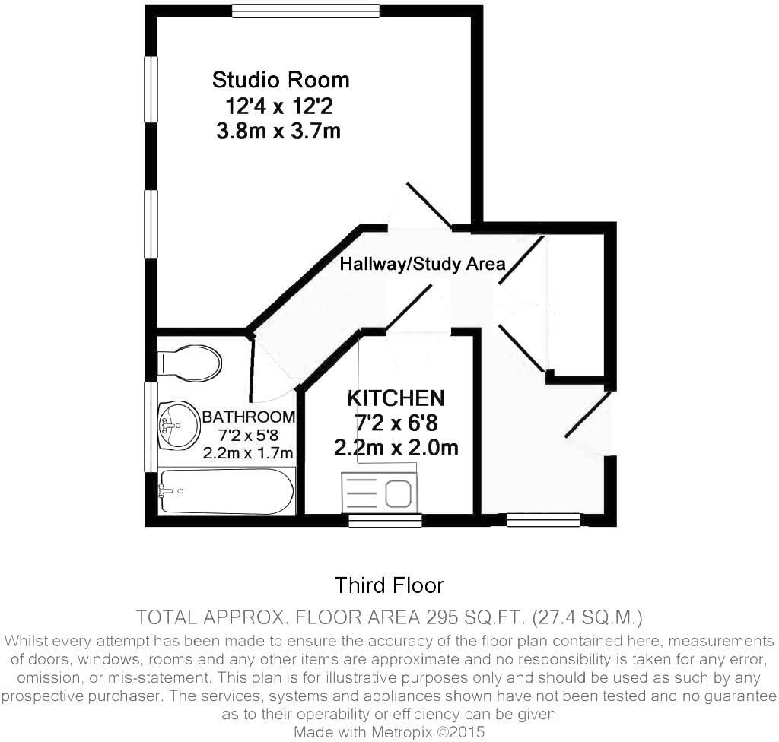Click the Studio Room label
[281, 80]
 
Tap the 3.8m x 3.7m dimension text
[278, 132]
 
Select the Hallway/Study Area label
[422, 264]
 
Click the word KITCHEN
[396, 398]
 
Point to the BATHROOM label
[248, 417]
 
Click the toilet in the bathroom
[190, 363]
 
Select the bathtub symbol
[226, 491]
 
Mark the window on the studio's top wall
[306, 11]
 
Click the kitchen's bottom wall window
[385, 521]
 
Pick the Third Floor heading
[389, 585]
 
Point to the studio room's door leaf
[429, 205]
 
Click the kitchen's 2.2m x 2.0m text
[396, 448]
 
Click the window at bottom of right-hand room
[543, 520]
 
